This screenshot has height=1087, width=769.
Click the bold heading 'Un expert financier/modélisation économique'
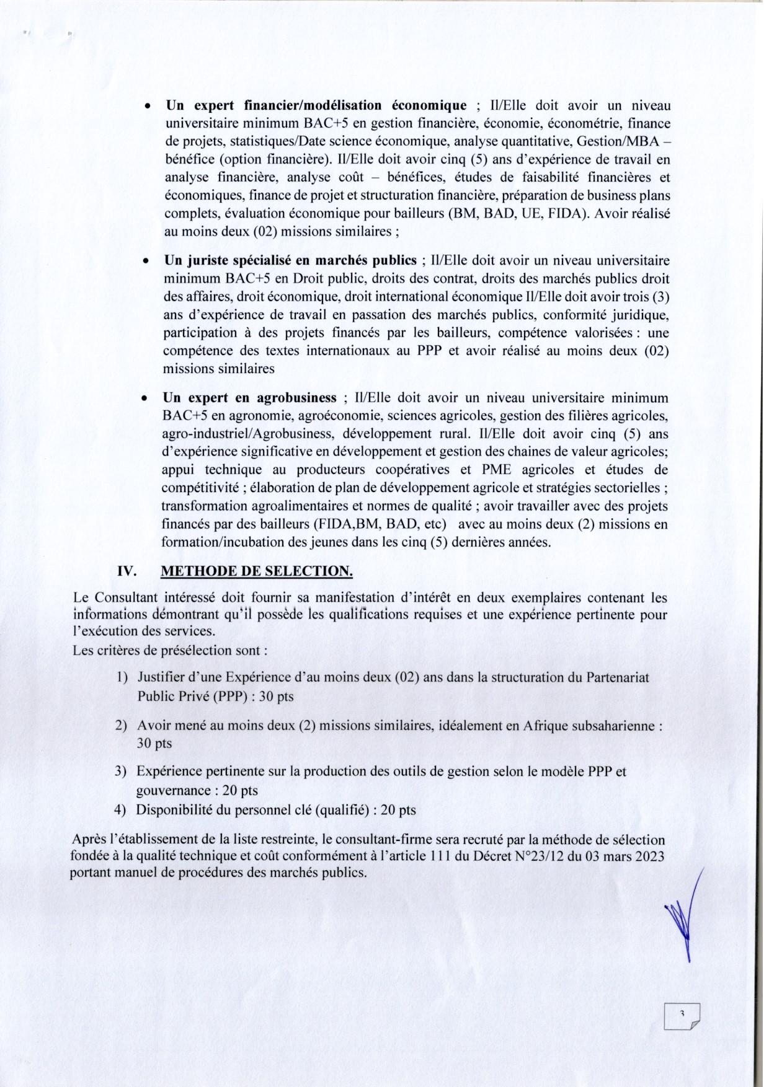pos(316,105)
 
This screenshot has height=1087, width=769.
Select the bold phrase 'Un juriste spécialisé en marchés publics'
pos(290,260)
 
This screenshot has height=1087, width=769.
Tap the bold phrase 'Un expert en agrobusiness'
pos(249,398)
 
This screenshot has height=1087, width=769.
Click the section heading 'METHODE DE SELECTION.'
pos(257,571)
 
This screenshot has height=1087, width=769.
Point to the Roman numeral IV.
pos(127,571)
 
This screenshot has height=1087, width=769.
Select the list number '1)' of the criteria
pos(122,677)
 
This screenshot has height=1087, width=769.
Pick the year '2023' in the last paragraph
pos(649,857)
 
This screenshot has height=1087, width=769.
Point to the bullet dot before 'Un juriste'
pos(144,262)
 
